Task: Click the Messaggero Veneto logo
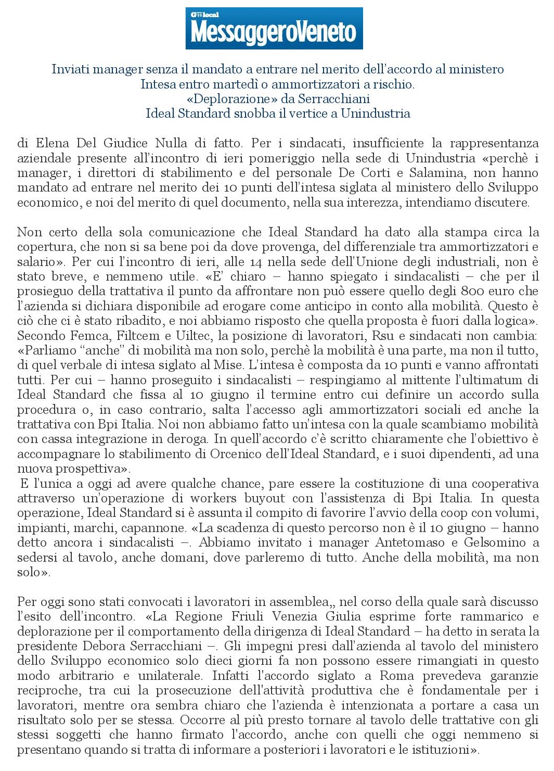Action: tap(274, 29)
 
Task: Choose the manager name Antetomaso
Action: tap(413, 542)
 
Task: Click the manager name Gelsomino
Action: tap(496, 542)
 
